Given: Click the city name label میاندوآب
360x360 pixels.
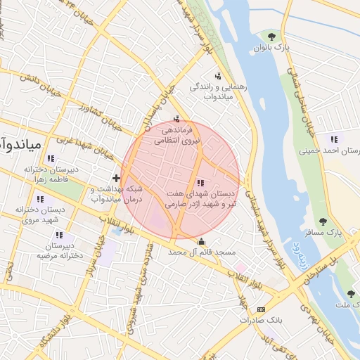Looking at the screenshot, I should coord(21,146).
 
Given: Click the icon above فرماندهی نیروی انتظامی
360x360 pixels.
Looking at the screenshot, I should coord(176,118).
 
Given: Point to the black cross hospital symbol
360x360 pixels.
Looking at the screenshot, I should coord(116,178).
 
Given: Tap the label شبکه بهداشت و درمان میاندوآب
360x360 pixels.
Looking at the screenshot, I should coord(117,194).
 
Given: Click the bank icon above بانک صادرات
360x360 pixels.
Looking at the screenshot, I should coord(261,309).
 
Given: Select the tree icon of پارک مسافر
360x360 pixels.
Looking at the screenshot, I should coord(323,221).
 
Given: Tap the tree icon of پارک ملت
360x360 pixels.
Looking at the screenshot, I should coord(350,294).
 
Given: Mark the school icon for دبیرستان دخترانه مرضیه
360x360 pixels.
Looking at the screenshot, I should coord(59,235).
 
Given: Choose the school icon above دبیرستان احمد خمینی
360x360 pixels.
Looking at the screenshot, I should coord(333,139).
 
